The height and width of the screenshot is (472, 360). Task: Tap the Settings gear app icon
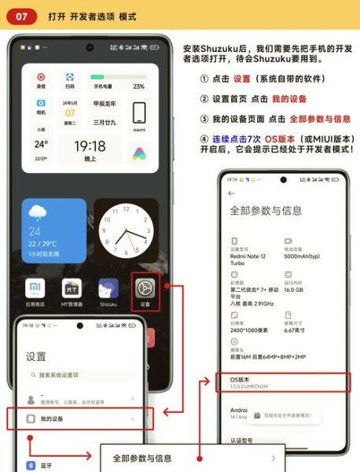point(145,288)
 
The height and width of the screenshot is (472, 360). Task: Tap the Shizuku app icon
point(108,288)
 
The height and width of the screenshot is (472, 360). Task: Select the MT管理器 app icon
point(72,288)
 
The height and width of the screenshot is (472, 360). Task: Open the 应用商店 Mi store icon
point(36,288)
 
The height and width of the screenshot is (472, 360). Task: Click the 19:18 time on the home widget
point(90,146)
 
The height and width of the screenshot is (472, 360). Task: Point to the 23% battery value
point(138,87)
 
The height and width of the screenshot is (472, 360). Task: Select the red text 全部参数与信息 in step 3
point(320,119)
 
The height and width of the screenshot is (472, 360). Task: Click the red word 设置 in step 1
point(242,79)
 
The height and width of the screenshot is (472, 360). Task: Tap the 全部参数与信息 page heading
point(265,211)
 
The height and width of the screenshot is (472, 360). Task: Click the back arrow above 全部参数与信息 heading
point(232,193)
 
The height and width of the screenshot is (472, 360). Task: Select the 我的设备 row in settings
point(79,419)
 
